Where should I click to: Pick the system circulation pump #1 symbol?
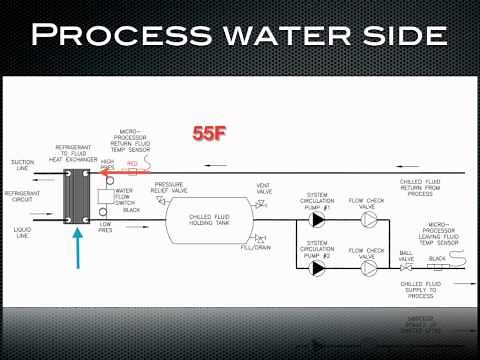click(x=318, y=219)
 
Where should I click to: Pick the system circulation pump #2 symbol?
click(x=318, y=268)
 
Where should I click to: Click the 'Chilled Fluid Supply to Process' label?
click(x=418, y=294)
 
